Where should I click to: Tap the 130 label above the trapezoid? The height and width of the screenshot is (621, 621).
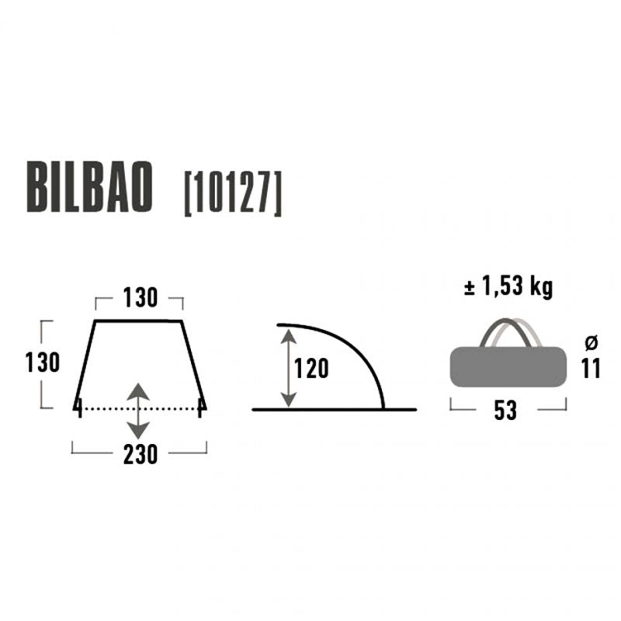point(140,298)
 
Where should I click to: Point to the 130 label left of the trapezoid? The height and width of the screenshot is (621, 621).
point(42,363)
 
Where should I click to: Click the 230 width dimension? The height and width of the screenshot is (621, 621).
point(140,453)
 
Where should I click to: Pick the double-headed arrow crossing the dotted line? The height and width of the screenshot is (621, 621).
point(138,408)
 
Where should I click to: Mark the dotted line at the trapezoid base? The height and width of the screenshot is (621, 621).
point(171,408)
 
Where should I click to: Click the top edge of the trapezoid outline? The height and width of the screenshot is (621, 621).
point(138,320)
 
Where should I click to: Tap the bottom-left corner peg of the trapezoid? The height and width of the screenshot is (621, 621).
point(78,405)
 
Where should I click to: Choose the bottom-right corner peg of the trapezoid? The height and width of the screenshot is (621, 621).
point(202,405)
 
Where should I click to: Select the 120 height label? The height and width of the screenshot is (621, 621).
point(312,368)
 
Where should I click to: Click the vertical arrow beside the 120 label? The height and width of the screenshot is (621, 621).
point(288,368)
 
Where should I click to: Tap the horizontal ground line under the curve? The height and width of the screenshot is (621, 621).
point(334,409)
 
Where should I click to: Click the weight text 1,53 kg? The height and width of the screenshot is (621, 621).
point(508,287)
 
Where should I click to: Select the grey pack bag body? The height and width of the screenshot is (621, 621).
point(508,366)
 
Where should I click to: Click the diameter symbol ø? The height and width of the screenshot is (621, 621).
point(592,342)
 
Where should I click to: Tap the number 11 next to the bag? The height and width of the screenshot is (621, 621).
point(592,368)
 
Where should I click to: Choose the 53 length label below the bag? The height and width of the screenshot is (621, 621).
point(505,411)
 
